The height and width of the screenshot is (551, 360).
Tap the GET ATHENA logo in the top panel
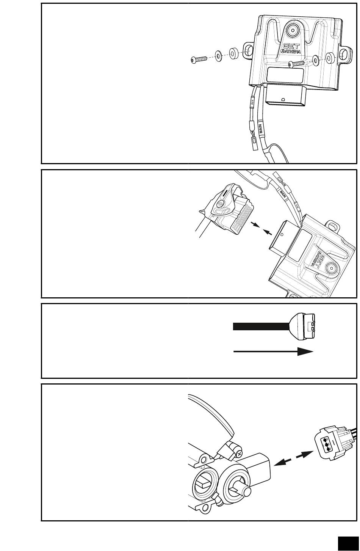tap(291, 48)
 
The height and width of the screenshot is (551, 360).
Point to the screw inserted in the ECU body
tap(295, 63)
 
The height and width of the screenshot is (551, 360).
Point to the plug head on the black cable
tap(303, 325)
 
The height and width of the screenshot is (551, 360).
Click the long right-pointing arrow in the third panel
tap(273, 352)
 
